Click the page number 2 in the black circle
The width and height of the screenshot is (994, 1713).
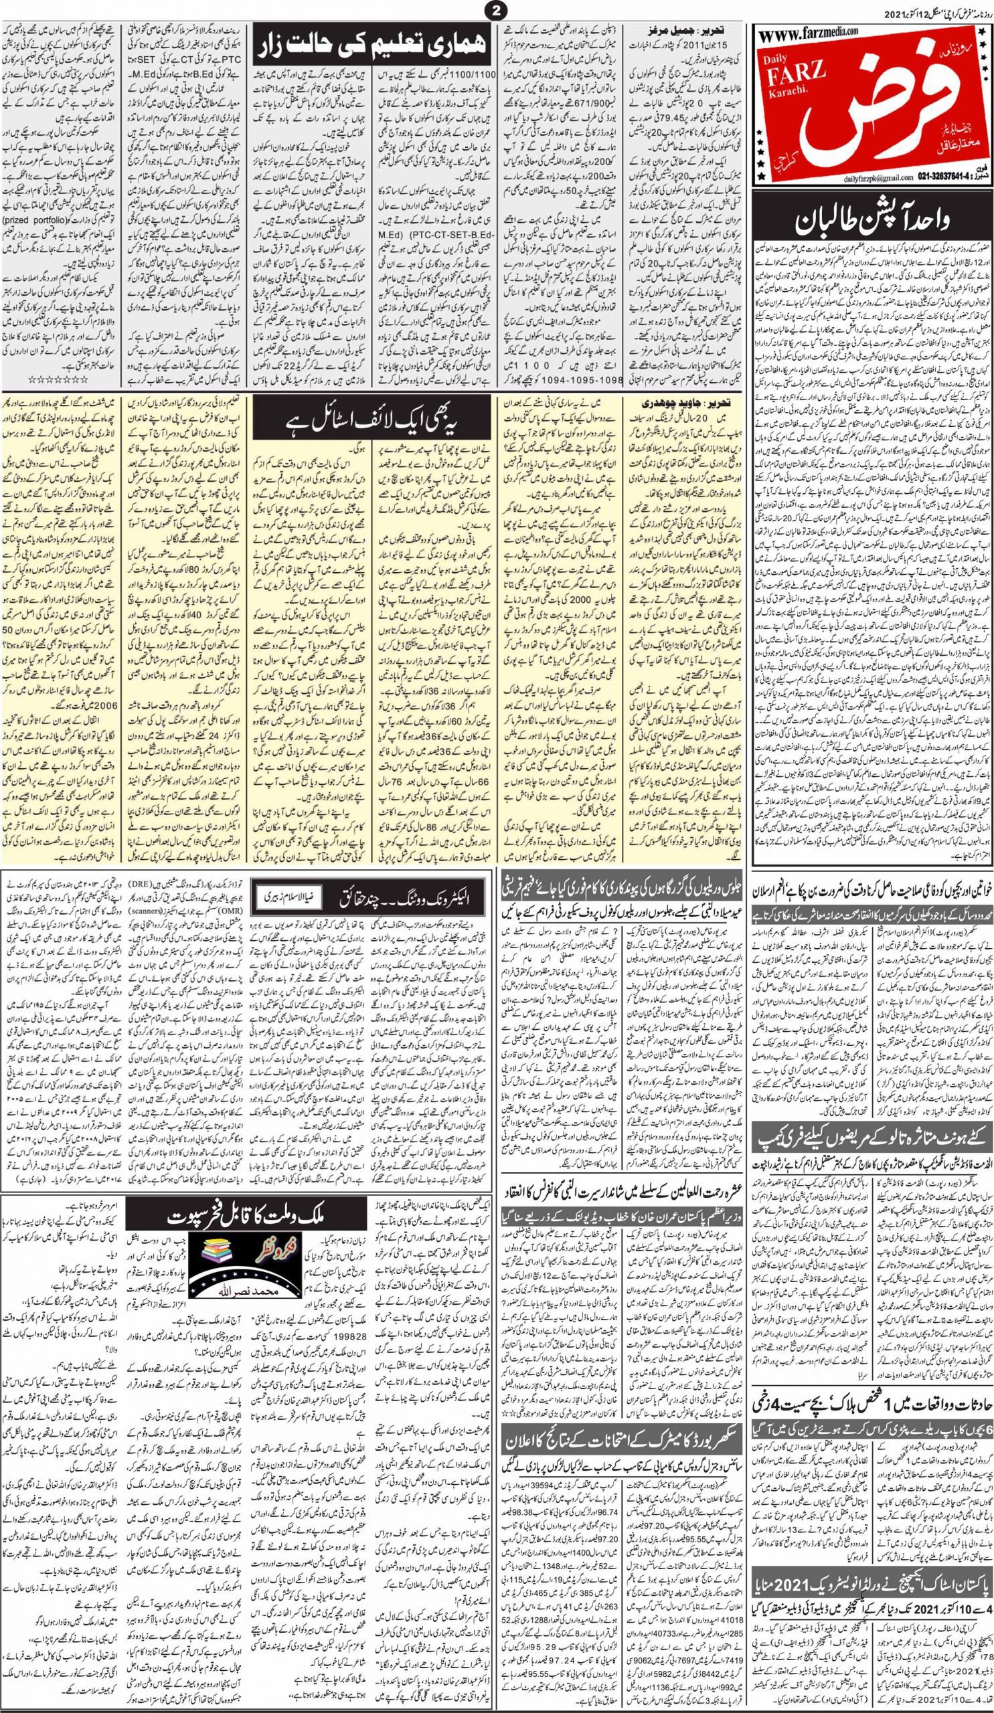(497, 9)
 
